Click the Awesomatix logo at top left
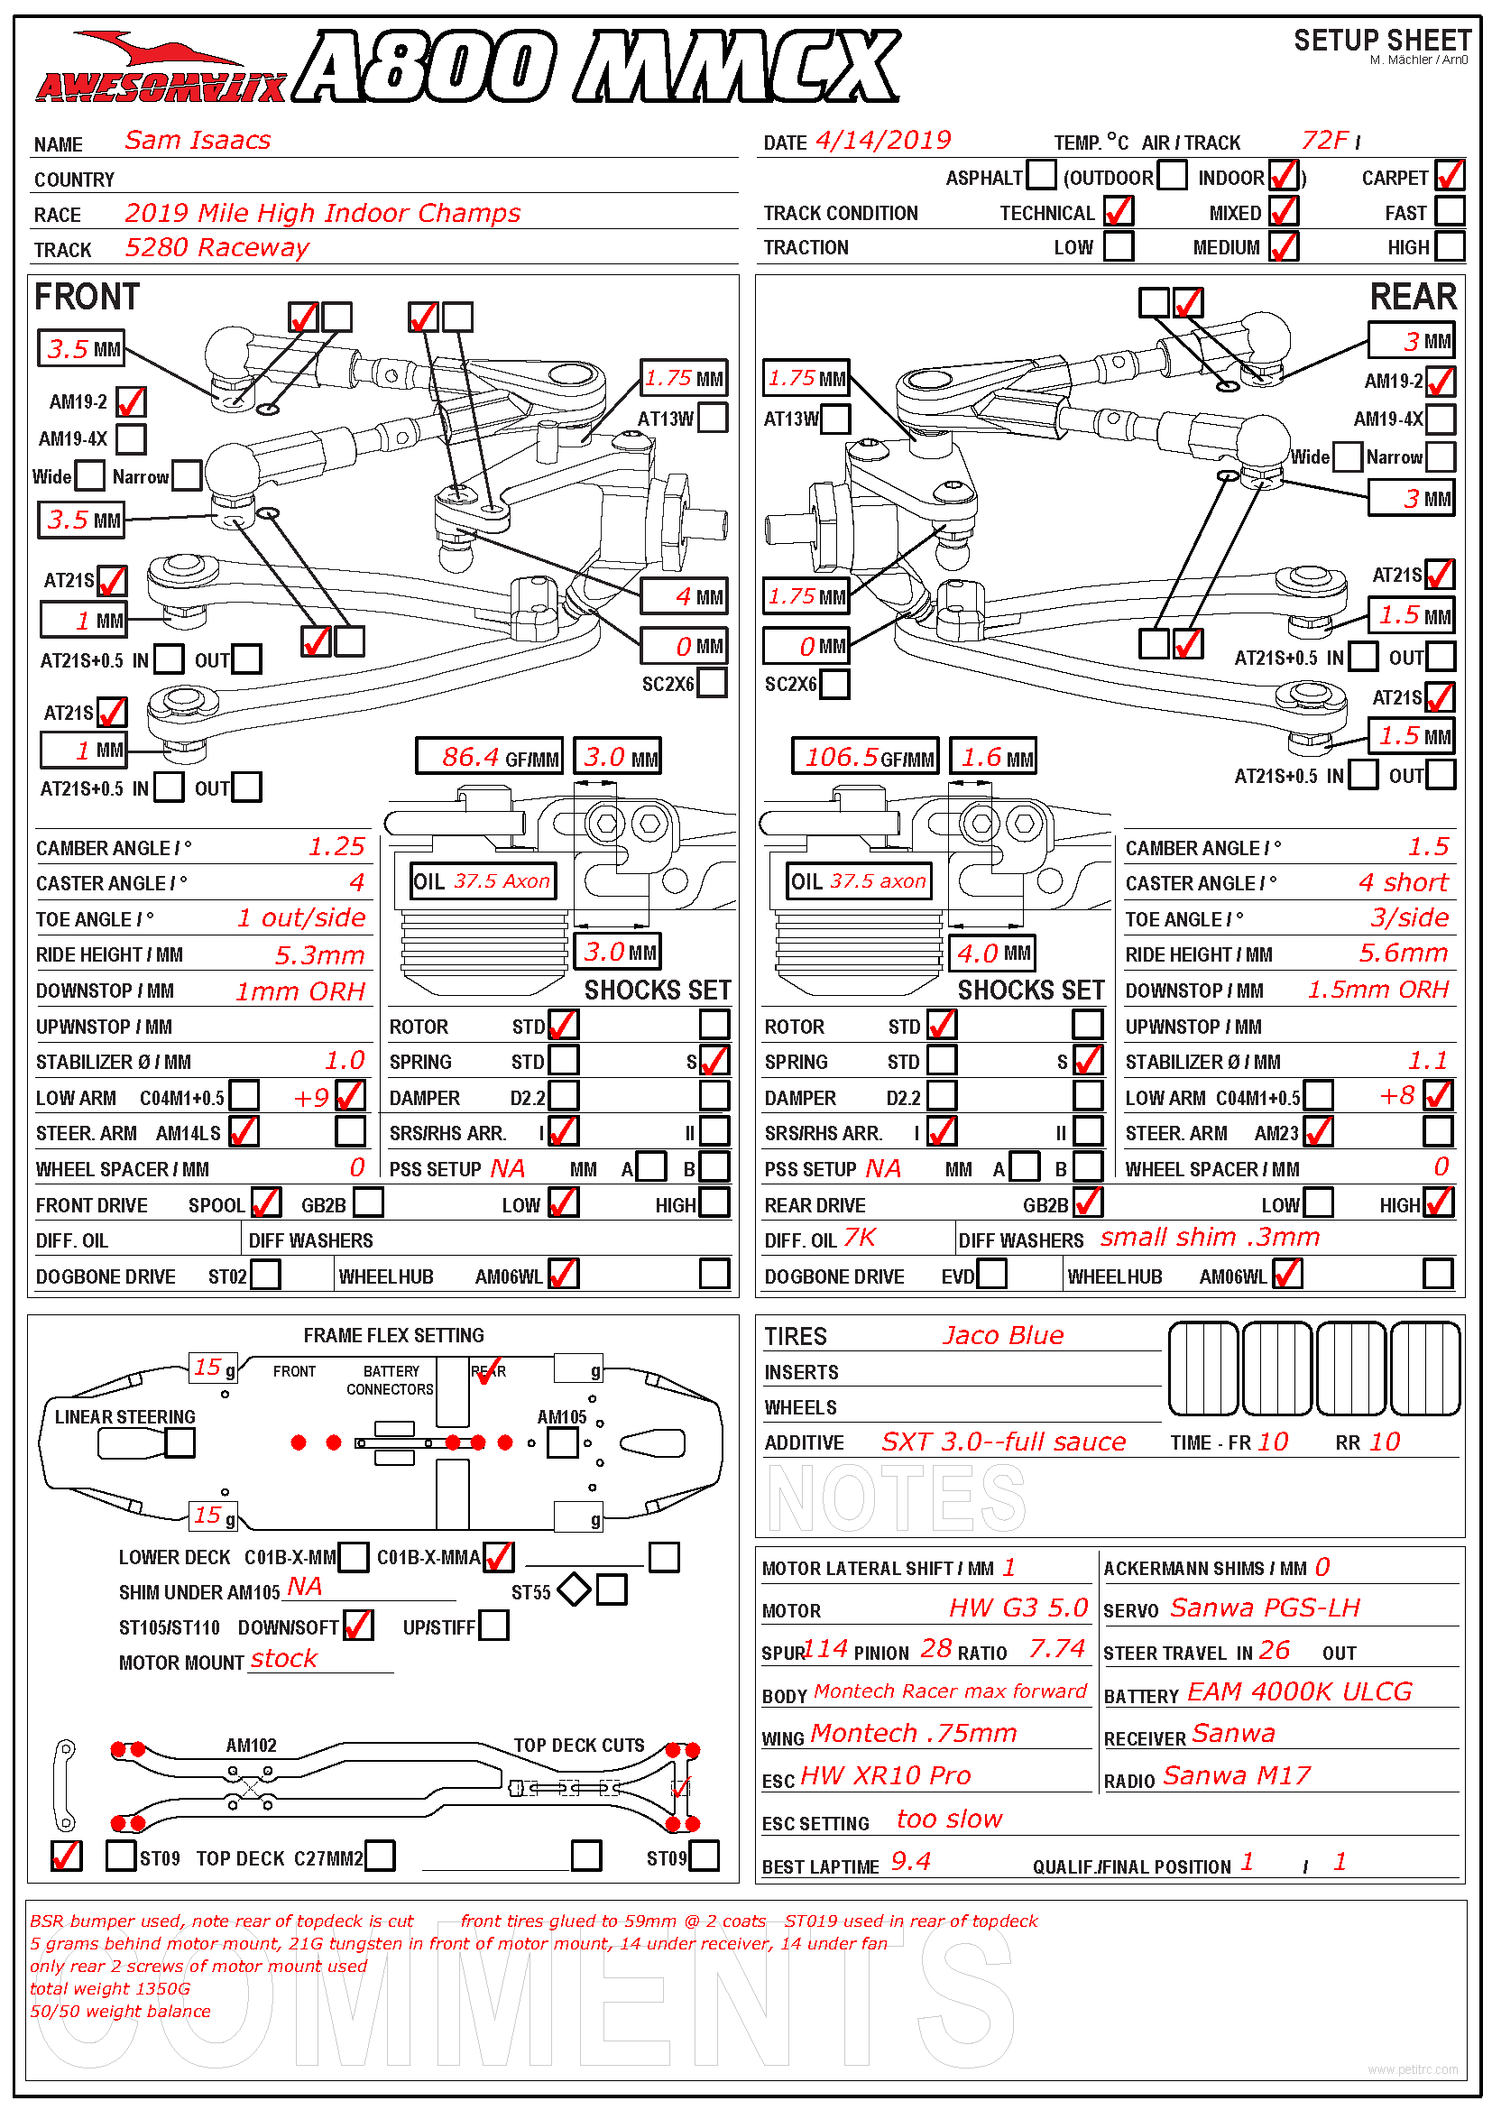pyautogui.click(x=161, y=69)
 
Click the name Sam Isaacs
pyautogui.click(x=198, y=141)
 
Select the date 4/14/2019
pyautogui.click(x=883, y=141)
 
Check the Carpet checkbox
pyautogui.click(x=1450, y=176)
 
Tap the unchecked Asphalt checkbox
pyautogui.click(x=1040, y=175)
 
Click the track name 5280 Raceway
pyautogui.click(x=216, y=248)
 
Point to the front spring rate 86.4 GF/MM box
pyautogui.click(x=488, y=757)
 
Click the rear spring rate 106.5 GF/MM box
pyautogui.click(x=864, y=757)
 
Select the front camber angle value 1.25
pyautogui.click(x=336, y=847)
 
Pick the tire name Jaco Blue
pyautogui.click(x=1002, y=1336)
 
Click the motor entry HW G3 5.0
pyautogui.click(x=1018, y=1608)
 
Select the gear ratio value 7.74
pyautogui.click(x=1056, y=1650)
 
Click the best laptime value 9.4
pyautogui.click(x=910, y=1863)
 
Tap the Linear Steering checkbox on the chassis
pyautogui.click(x=180, y=1443)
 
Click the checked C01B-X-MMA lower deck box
pyautogui.click(x=499, y=1558)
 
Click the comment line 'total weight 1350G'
pyautogui.click(x=110, y=1989)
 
